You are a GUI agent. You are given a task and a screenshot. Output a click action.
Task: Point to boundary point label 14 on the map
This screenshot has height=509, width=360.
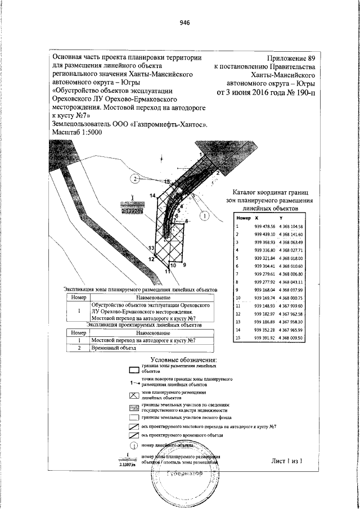pyautogui.click(x=152, y=195)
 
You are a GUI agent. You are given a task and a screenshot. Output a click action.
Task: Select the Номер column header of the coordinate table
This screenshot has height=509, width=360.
pyautogui.click(x=243, y=218)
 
